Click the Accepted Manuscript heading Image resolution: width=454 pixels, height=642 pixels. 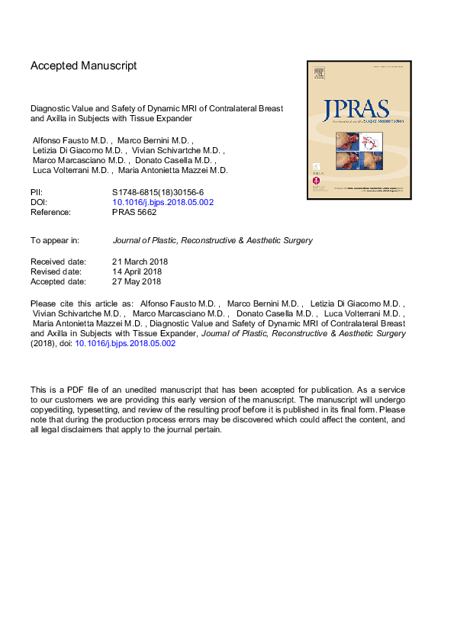(x=83, y=66)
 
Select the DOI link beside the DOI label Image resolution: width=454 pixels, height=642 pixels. (x=163, y=202)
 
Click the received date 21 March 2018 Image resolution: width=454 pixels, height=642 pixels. (x=140, y=262)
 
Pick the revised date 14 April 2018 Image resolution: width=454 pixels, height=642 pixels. (x=137, y=271)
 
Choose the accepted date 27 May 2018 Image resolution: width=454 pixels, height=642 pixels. (x=137, y=281)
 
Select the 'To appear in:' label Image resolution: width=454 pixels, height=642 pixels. (x=55, y=240)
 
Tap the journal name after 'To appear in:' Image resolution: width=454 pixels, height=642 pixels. (x=212, y=240)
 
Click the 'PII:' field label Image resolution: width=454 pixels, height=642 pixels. (x=37, y=192)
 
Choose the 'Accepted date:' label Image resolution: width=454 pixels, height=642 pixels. (x=58, y=281)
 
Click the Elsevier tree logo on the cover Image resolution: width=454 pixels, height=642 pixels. (x=318, y=74)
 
